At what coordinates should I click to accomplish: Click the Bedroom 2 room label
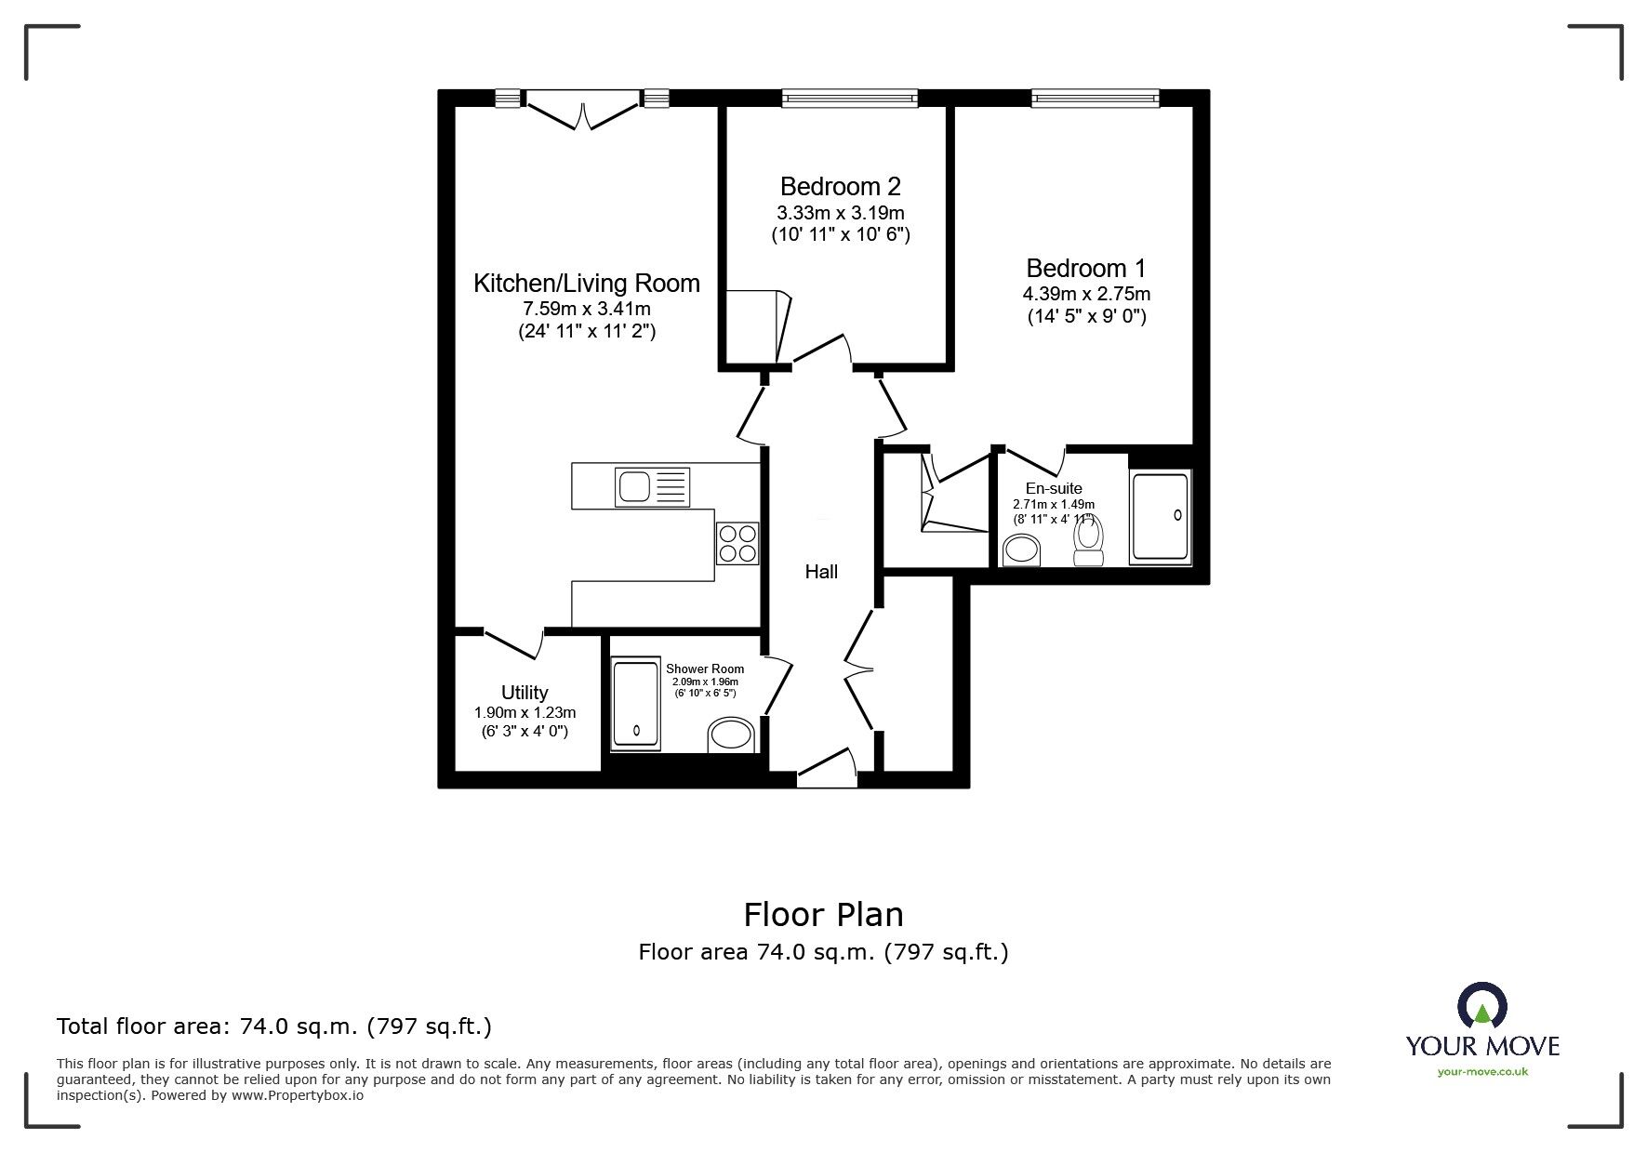[840, 186]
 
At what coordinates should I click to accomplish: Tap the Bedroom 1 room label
[1085, 269]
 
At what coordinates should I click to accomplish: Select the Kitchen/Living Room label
[586, 284]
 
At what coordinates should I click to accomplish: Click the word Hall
[821, 573]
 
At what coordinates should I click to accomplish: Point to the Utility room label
[525, 693]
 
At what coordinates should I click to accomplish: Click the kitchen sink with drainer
[652, 487]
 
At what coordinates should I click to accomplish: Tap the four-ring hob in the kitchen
[737, 544]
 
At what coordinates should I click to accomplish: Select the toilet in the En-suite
[1088, 542]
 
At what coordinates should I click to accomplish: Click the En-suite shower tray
[1159, 518]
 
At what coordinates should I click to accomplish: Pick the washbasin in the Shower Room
[731, 735]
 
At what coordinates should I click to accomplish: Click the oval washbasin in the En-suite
[1023, 550]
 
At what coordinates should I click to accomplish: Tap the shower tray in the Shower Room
[636, 706]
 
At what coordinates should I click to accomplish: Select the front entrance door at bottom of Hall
[827, 767]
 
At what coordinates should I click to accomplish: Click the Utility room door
[514, 642]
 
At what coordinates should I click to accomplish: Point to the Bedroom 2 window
[849, 98]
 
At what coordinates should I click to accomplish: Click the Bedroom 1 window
[1095, 98]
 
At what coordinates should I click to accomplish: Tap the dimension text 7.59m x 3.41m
[586, 309]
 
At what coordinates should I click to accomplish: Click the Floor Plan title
[823, 915]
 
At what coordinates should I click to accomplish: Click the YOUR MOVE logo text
[1481, 1046]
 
